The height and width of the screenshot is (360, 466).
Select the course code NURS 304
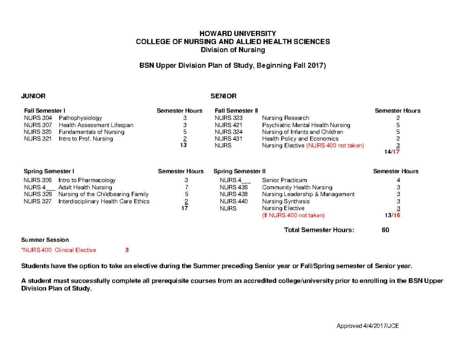tap(38, 118)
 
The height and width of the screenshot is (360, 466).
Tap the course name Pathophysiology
tap(80, 118)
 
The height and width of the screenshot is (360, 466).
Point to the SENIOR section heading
tap(223, 96)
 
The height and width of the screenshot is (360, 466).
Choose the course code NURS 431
tap(228, 139)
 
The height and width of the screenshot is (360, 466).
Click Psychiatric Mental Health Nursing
tap(306, 125)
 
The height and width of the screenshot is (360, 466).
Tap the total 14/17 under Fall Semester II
tap(391, 152)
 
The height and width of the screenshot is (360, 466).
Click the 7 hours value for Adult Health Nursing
tap(186, 187)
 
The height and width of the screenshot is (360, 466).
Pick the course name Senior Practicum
tap(284, 180)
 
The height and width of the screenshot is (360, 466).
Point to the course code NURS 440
tap(233, 201)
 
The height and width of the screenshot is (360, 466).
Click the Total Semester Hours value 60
tap(385, 230)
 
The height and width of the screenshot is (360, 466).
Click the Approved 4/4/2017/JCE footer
tap(367, 326)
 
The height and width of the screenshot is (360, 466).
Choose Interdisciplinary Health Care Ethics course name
tap(104, 201)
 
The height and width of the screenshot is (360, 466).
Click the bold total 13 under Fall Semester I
tap(184, 145)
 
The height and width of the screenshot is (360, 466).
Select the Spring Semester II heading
tap(240, 171)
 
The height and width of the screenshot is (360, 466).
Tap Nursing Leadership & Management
tap(308, 194)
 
